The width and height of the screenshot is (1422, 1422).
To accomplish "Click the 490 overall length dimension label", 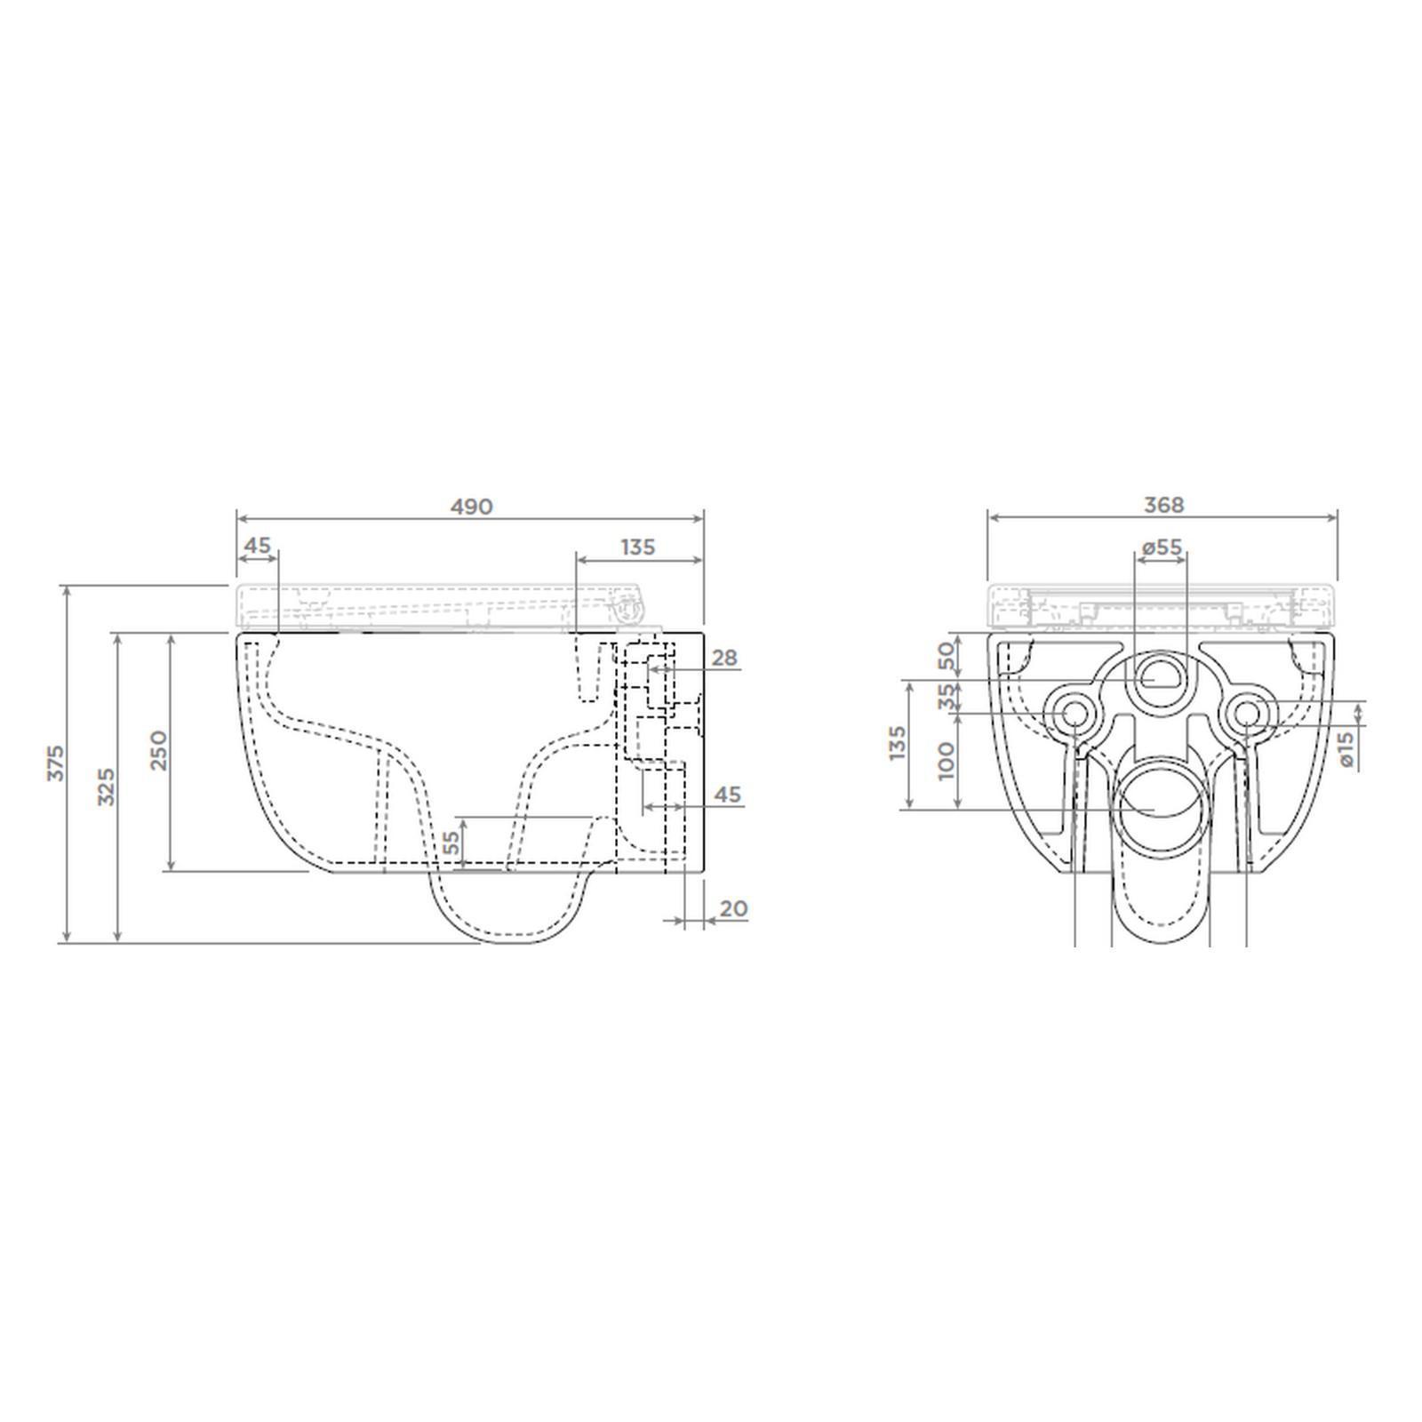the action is point(471,507).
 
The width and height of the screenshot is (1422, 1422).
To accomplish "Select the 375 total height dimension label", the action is point(56,763).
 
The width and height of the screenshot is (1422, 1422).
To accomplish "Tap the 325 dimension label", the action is point(106,787).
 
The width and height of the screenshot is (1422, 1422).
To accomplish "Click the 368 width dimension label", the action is point(1163,505).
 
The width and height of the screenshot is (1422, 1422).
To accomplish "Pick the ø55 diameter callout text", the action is point(1163,547).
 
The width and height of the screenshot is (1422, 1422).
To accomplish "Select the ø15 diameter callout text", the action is point(1346,748).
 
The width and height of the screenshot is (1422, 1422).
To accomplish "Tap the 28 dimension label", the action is point(725,658).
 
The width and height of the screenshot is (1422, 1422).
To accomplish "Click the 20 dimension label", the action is point(733,908).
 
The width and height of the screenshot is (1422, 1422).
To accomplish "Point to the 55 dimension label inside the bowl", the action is point(451,843).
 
